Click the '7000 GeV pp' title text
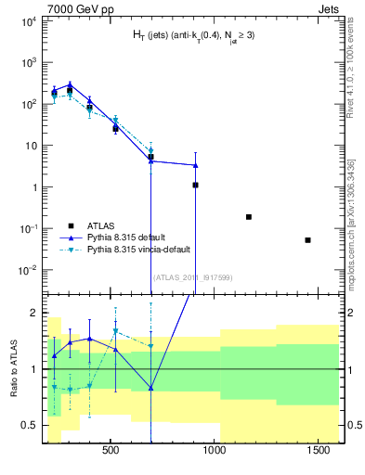coord(76,7)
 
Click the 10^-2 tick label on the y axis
coord(29,270)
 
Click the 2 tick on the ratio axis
coord(34,313)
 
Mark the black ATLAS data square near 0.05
coord(307,240)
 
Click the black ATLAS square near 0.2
coord(248,216)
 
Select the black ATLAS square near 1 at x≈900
coord(195,185)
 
